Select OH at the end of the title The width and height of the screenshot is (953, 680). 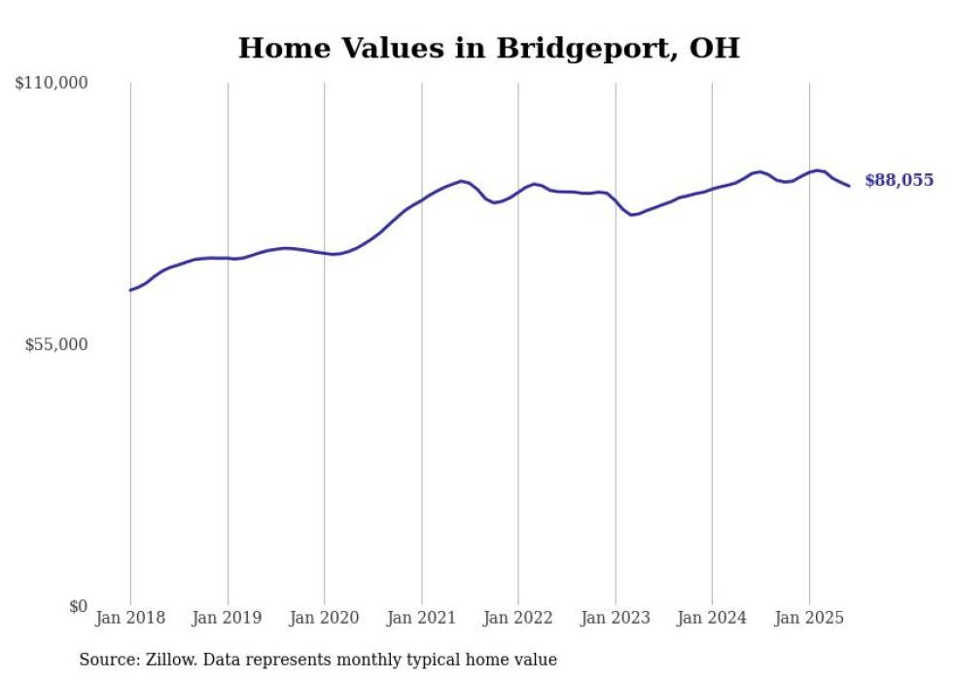tap(714, 48)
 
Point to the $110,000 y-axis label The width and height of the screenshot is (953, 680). tap(52, 84)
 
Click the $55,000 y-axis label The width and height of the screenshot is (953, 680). tap(56, 344)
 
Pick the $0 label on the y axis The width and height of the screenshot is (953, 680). tap(78, 606)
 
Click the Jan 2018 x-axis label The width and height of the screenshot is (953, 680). tap(130, 618)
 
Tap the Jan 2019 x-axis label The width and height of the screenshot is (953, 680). tap(228, 618)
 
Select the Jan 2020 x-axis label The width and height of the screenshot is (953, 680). tap(325, 618)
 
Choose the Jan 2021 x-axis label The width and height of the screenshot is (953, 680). tap(422, 618)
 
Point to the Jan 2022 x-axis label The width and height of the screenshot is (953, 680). tap(518, 618)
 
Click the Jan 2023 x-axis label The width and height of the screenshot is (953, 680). tap(616, 618)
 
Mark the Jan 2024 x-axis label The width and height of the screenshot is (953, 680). tap(713, 618)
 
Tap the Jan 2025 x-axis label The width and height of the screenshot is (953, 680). tap(809, 618)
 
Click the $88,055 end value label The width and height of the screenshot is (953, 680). tap(899, 180)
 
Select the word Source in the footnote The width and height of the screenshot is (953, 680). tap(107, 660)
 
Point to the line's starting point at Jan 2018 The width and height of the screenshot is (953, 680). tap(130, 290)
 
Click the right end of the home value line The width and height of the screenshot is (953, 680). tap(849, 186)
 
